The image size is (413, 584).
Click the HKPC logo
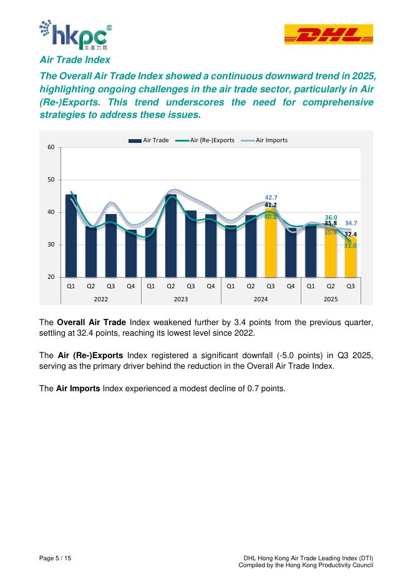tap(75, 35)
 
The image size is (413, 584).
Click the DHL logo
tap(328, 34)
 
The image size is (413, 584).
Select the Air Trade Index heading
tap(74, 60)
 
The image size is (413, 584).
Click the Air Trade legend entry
tap(149, 140)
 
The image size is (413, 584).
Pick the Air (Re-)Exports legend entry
tap(206, 140)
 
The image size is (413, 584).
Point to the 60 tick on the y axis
tap(51, 147)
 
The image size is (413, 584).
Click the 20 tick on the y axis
tap(51, 277)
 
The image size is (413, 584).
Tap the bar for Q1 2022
tap(71, 236)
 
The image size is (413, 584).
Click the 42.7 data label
tap(271, 198)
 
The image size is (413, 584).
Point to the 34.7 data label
tap(351, 223)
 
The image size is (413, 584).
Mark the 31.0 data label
tap(351, 246)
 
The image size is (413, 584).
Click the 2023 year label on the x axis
tap(181, 298)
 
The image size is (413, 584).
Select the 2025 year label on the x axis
tap(331, 298)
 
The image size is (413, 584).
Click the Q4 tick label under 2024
tap(291, 286)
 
